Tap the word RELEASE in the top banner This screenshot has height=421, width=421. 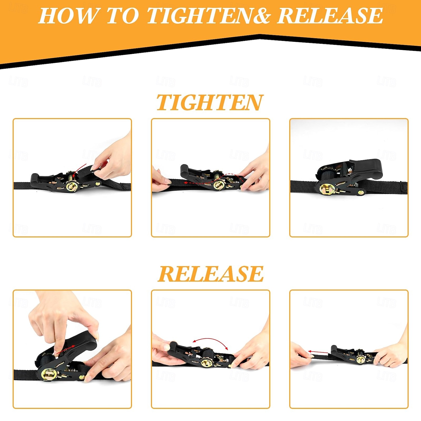tap(330, 16)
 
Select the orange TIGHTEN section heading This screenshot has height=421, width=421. tap(210, 102)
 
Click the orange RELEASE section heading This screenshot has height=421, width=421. tap(211, 274)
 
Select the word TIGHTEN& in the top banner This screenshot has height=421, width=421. tap(209, 16)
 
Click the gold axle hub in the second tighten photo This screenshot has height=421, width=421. tap(219, 185)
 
